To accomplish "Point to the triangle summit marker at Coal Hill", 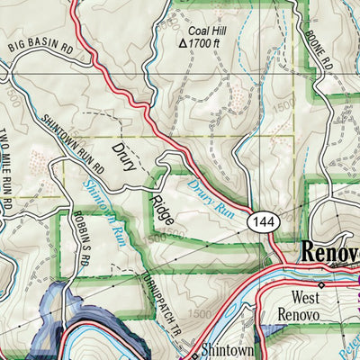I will pos(184,42).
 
